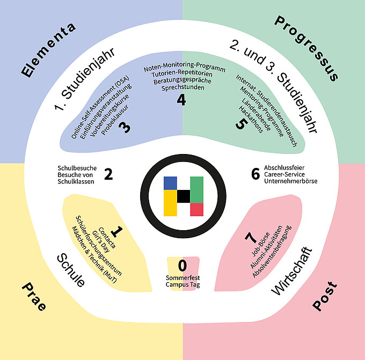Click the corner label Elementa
tap(49, 49)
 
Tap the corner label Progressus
tap(306, 48)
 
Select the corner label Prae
tap(34, 297)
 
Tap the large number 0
tap(182, 266)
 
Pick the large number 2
tap(108, 174)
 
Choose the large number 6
tap(255, 174)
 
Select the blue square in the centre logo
tap(170, 183)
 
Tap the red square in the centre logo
tap(196, 209)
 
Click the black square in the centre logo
tap(183, 196)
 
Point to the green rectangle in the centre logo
tap(196, 189)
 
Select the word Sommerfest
tap(182, 277)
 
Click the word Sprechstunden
tap(182, 87)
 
